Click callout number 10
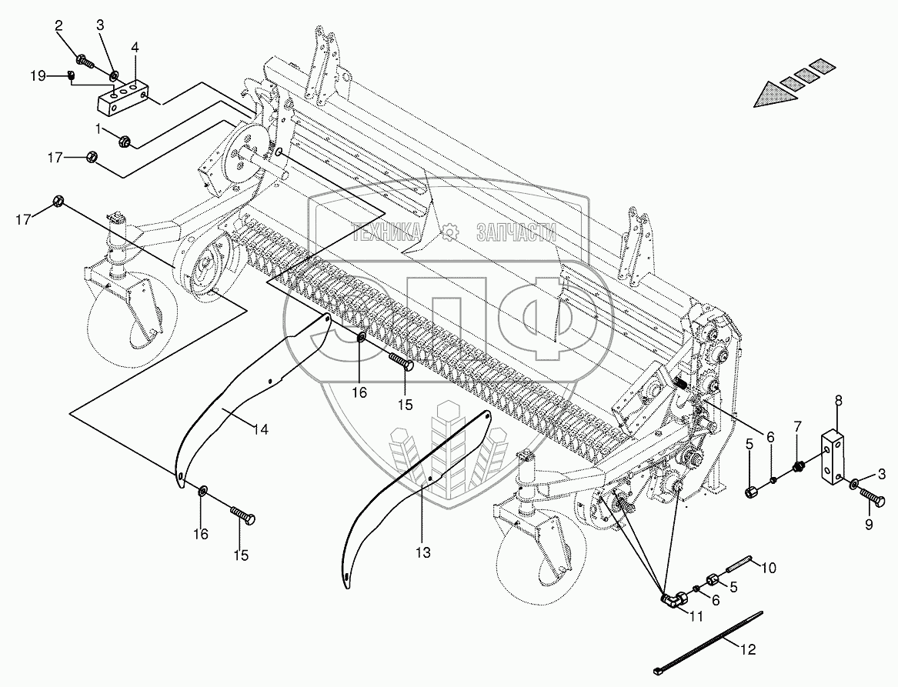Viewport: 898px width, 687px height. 769,568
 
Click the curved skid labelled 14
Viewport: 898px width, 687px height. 231,400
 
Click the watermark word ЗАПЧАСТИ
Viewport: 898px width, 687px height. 516,232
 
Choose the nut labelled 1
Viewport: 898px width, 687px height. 124,141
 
